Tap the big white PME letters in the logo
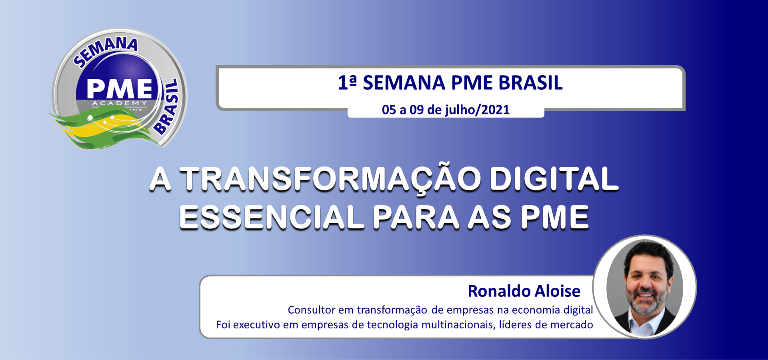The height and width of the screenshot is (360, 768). click(120, 88)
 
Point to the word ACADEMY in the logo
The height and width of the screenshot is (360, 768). click(120, 103)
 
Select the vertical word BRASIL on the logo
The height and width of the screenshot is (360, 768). click(168, 106)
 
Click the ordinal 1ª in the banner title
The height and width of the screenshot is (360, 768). click(347, 83)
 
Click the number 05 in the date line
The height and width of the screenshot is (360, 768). click(389, 110)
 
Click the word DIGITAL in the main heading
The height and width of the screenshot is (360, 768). click(554, 178)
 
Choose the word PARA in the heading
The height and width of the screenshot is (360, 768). click(416, 217)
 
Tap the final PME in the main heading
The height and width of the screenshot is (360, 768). click(554, 217)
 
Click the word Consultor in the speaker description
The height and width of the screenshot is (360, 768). click(312, 310)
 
